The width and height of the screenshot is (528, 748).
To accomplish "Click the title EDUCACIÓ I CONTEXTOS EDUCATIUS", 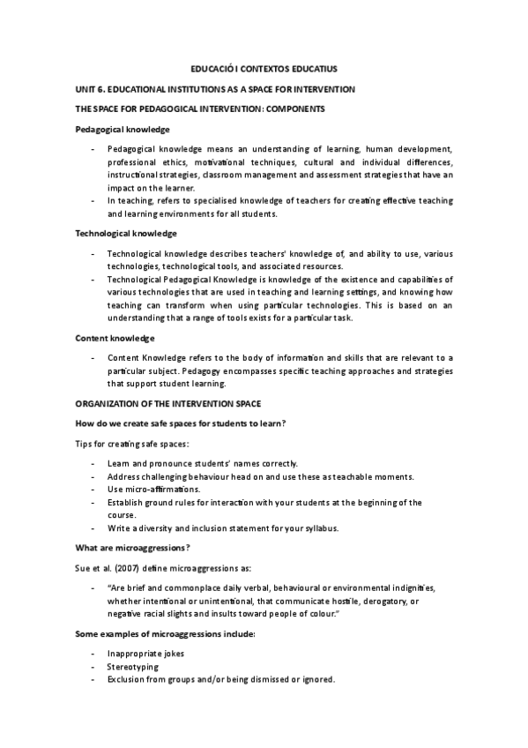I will pos(264,67).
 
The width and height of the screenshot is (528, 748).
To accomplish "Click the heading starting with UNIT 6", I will pos(215,88).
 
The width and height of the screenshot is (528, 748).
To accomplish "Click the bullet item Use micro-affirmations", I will pos(153,489).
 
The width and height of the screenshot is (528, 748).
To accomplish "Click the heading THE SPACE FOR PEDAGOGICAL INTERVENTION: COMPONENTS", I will pos(201,108).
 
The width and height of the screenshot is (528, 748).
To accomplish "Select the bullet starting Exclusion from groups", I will pos(220,680).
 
